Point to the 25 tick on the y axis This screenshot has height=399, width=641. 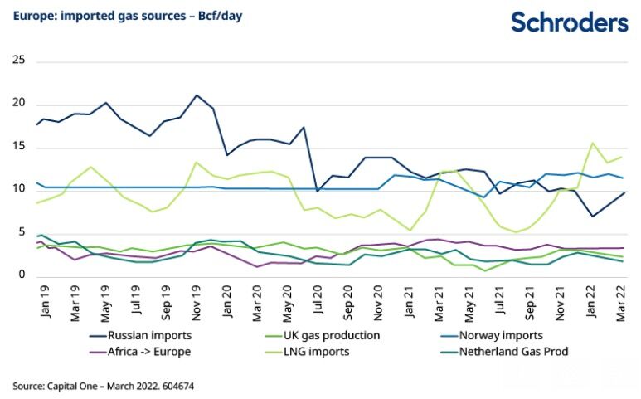(19, 61)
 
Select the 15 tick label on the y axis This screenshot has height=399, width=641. (19, 147)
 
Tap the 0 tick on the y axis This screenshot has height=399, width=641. (22, 275)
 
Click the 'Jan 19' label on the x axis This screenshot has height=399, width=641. (44, 299)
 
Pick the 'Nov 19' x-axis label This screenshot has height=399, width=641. (198, 299)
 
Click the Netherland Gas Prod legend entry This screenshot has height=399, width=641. (512, 352)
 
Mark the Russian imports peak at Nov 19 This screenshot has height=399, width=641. (197, 95)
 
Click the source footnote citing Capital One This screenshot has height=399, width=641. (104, 386)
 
